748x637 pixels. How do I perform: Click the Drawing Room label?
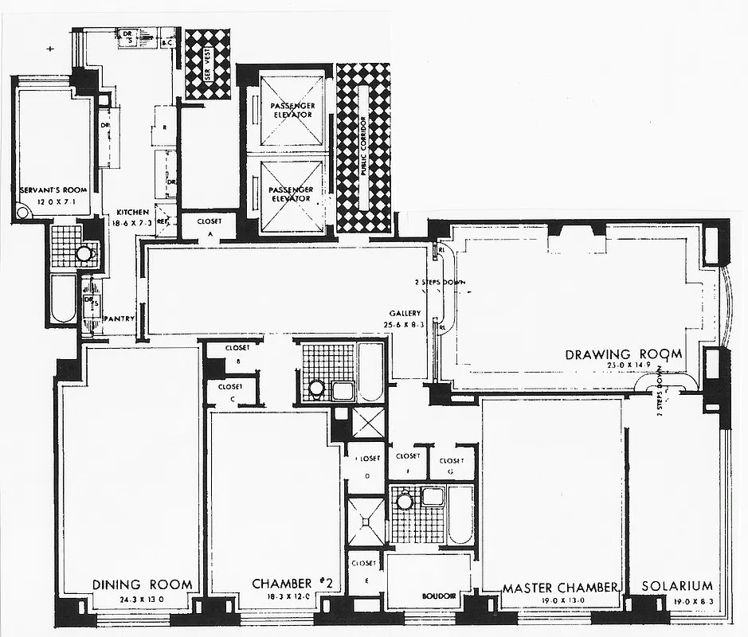pyautogui.click(x=624, y=354)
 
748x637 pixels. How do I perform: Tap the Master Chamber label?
pyautogui.click(x=560, y=588)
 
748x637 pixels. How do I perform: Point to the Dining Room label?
pyautogui.click(x=143, y=584)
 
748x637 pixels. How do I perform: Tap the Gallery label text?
pyautogui.click(x=405, y=314)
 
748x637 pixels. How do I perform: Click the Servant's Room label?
pyautogui.click(x=53, y=191)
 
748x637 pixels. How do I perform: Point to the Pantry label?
pyautogui.click(x=119, y=319)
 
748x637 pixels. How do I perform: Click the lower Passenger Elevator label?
pyautogui.click(x=292, y=193)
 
